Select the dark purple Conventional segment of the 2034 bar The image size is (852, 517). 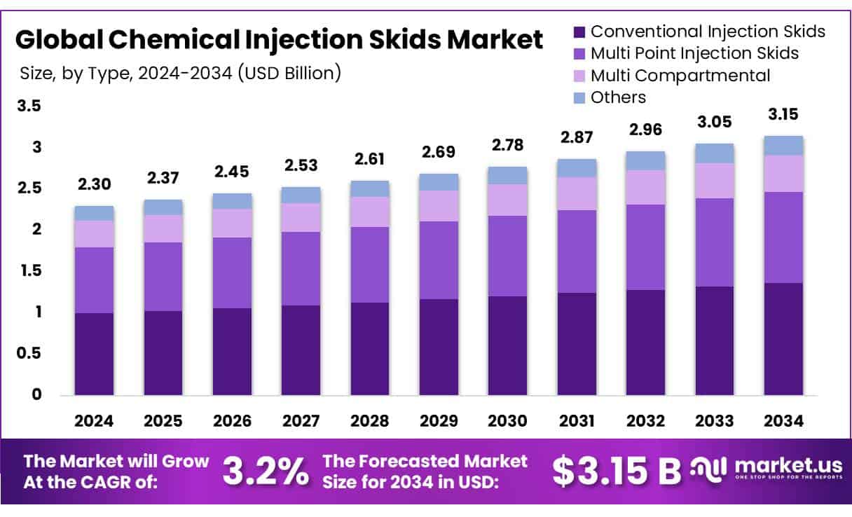[x=783, y=338]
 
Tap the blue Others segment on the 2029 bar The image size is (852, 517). [x=438, y=182]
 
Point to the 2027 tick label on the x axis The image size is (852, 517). [x=301, y=421]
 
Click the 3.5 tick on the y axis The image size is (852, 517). [x=29, y=106]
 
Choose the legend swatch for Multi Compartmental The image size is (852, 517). [x=579, y=76]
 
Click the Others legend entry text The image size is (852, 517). [x=618, y=97]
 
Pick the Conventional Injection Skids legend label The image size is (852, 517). [x=708, y=32]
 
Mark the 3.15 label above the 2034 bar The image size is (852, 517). [x=783, y=114]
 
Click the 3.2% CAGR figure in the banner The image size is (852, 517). [x=266, y=472]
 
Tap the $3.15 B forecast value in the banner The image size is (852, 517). [x=616, y=472]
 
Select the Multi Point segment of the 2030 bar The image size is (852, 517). [x=507, y=256]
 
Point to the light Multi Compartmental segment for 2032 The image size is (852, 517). [x=645, y=187]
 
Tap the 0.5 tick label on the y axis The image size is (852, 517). [x=29, y=353]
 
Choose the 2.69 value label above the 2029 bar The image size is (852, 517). [x=438, y=151]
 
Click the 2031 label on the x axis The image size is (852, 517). [x=577, y=421]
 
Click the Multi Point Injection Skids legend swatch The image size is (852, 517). [x=579, y=53]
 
